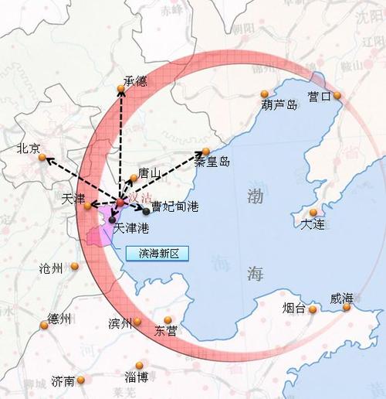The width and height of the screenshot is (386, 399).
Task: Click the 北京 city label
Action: coord(28,148)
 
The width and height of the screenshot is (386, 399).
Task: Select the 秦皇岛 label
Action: coord(212,162)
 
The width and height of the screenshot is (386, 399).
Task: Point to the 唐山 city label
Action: coord(150,173)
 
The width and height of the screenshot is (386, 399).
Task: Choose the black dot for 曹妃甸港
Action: coord(146,211)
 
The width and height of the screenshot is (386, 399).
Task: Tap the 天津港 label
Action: coord(130,229)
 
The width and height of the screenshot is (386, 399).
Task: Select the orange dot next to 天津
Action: coord(86,206)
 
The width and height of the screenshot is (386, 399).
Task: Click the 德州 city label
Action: coord(59,319)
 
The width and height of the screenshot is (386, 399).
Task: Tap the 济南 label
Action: coord(63,380)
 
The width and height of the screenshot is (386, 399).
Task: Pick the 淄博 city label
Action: coord(136,377)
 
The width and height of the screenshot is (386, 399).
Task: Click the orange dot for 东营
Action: coord(168,319)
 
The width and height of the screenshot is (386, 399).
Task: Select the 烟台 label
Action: coord(294,308)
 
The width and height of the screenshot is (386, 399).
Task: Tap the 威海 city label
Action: coord(341,298)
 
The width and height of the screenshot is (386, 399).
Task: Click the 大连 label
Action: coord(314,223)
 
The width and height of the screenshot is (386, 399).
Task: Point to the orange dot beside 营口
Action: coord(337,95)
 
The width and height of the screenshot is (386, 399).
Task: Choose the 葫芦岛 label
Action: coord(279,104)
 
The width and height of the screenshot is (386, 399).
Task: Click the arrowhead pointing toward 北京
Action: coord(45,158)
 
